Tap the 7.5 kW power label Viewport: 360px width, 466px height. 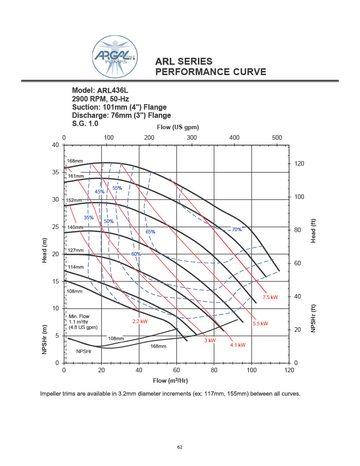270,297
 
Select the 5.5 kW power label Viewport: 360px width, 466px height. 260,324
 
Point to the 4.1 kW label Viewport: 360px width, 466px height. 238,345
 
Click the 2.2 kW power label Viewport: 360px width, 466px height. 140,321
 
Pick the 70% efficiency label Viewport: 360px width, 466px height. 237,229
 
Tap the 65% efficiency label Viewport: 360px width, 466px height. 150,232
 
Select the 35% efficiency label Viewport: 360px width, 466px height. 88,218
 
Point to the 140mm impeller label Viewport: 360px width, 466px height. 76,227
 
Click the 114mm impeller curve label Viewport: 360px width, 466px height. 76,267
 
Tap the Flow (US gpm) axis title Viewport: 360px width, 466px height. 178,127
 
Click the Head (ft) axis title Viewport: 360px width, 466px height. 313,231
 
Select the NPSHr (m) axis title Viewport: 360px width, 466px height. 45,339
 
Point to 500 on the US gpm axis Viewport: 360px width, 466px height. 277,137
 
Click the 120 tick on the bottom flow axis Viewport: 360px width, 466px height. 289,371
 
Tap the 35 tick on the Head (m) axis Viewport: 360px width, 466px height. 56,172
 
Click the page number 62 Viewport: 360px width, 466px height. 180,447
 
